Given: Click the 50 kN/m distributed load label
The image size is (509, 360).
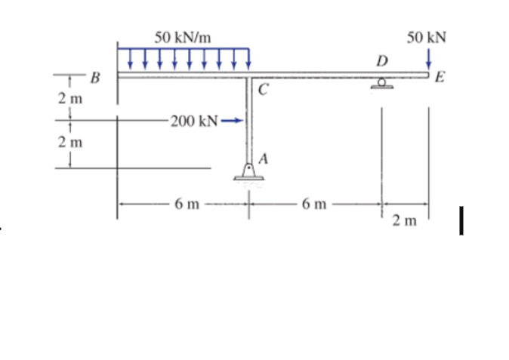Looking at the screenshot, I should pyautogui.click(x=183, y=36).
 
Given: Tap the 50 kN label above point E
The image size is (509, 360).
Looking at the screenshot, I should pyautogui.click(x=426, y=36).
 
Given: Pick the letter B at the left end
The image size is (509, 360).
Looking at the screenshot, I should pyautogui.click(x=94, y=76).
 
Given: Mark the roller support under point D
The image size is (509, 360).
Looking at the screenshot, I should pyautogui.click(x=383, y=84).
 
